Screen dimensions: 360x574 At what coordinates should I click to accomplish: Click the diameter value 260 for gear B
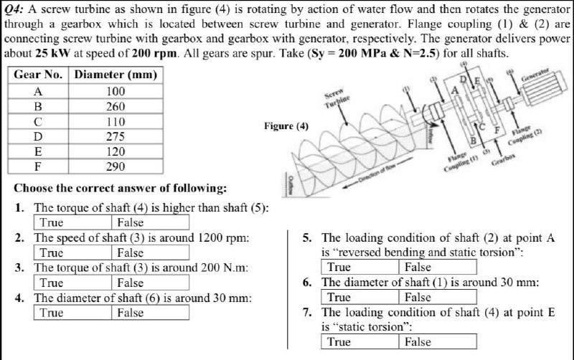(x=115, y=106)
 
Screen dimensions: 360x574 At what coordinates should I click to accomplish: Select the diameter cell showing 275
(x=115, y=136)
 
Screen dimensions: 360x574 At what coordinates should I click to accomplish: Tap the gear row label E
(x=38, y=151)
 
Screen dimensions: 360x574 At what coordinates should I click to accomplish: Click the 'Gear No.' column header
(x=38, y=75)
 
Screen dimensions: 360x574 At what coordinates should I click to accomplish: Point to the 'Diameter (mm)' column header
(x=116, y=75)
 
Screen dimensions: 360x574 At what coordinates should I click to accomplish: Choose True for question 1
(x=52, y=222)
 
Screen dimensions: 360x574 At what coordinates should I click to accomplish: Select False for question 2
(x=131, y=252)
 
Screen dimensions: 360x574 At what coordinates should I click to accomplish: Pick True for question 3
(x=52, y=283)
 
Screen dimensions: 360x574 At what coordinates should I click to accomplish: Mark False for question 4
(x=131, y=313)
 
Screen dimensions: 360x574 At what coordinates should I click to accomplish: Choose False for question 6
(x=418, y=297)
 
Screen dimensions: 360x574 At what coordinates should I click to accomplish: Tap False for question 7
(x=418, y=342)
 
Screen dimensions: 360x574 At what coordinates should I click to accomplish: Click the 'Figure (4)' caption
(x=286, y=126)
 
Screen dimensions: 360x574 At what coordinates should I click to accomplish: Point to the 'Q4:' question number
(x=15, y=8)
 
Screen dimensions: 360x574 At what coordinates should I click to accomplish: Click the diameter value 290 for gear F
(x=115, y=166)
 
